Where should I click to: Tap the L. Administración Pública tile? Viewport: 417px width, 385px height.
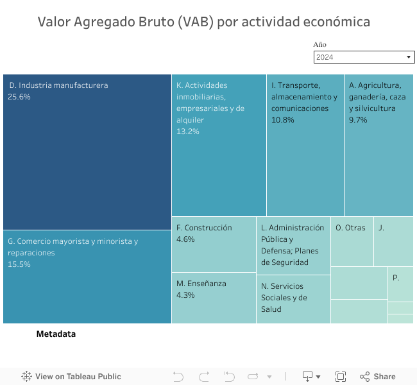click(x=293, y=245)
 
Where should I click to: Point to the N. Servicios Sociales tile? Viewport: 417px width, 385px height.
click(x=293, y=299)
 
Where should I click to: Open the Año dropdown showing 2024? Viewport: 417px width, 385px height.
click(x=364, y=57)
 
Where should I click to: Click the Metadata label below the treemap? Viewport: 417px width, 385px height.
click(x=56, y=334)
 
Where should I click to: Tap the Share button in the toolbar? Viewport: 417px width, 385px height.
click(x=377, y=377)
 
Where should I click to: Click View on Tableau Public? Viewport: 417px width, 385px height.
click(x=71, y=377)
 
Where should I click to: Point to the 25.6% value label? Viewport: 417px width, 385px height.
click(x=19, y=97)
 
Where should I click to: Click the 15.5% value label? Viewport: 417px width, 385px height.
click(x=19, y=264)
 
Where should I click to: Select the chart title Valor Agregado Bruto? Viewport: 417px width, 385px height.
click(x=203, y=22)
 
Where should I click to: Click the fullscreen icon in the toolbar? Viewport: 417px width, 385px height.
click(x=341, y=377)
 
